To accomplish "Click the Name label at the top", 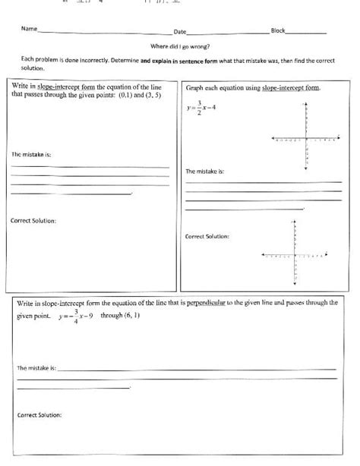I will (x=29, y=30).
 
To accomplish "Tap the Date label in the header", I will (x=180, y=32).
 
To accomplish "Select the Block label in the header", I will (x=278, y=30).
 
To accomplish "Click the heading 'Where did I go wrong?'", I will (x=180, y=46).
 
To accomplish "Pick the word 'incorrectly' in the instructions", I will (x=103, y=59).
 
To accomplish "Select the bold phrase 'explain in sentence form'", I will (x=178, y=59).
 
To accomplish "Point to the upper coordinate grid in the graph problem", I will (x=305, y=140).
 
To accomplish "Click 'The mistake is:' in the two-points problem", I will (x=30, y=154).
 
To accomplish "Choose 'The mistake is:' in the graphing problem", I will (x=205, y=172).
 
